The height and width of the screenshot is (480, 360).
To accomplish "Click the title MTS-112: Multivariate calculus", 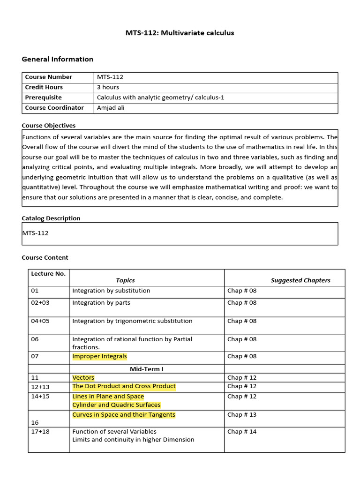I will (x=180, y=33).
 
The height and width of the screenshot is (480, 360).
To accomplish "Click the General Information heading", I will (x=58, y=59).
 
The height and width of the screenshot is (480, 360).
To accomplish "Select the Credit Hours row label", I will (x=44, y=87).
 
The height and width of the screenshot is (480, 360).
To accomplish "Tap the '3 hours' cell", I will (x=108, y=87).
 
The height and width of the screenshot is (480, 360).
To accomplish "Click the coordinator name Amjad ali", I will (x=111, y=108).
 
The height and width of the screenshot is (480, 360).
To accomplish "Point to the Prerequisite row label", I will (x=43, y=97).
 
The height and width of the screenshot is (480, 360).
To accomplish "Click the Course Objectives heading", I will (x=49, y=126).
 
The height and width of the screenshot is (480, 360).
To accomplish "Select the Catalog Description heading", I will (x=51, y=218).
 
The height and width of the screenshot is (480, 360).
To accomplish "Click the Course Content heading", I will (x=45, y=258).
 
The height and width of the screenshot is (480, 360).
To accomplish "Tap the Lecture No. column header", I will (x=48, y=274).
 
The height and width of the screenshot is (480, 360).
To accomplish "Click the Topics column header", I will (x=125, y=280).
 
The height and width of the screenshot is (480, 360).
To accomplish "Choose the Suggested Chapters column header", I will (x=300, y=280).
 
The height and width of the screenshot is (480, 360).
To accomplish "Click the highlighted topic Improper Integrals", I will (x=99, y=356).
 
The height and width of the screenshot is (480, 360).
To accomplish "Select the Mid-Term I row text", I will (x=146, y=369).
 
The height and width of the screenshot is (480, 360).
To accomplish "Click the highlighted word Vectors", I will (x=83, y=377).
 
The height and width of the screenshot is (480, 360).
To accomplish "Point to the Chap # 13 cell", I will (x=242, y=415).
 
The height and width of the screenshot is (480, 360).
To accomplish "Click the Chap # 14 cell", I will (x=242, y=432).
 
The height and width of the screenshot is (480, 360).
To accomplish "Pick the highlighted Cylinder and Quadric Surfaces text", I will (x=116, y=405).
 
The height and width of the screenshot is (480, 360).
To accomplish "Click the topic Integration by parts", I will (x=101, y=303).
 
